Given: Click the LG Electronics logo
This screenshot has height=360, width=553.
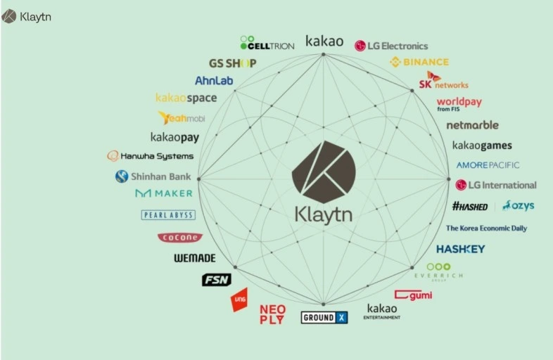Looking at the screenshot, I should [x=391, y=46].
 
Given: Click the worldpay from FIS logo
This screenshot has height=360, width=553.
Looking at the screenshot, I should [x=459, y=103].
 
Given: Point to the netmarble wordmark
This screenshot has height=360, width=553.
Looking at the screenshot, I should [x=472, y=125].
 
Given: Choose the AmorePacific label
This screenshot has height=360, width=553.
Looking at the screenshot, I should [x=488, y=165].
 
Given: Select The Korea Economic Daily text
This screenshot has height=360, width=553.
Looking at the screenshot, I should [x=486, y=229].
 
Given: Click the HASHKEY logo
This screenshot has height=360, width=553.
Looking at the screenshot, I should [x=460, y=249].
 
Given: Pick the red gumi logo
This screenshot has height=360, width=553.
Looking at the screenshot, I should [x=413, y=295].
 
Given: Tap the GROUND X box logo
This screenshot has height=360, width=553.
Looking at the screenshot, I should [x=324, y=318].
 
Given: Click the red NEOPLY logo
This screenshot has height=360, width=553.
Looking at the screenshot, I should [x=272, y=314].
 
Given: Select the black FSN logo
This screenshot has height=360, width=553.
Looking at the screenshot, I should [x=216, y=280].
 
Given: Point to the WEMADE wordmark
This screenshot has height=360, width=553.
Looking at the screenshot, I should [x=194, y=258].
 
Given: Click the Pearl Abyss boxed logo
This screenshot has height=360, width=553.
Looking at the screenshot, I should [x=168, y=215].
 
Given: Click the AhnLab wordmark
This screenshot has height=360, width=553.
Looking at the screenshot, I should [x=214, y=81].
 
